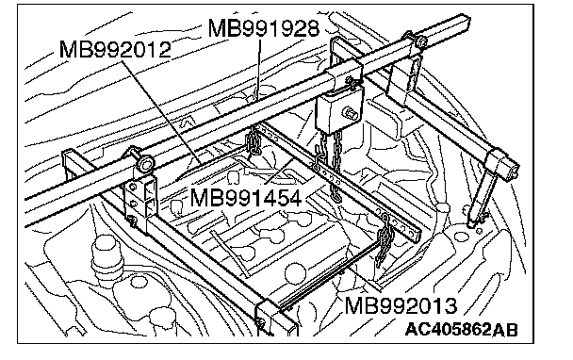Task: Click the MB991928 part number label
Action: tap(264, 28)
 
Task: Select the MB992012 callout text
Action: tap(115, 49)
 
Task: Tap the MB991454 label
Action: tap(246, 199)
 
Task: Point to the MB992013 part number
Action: tap(401, 305)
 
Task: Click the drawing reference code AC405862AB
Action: tap(462, 329)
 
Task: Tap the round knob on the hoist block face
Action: tap(350, 112)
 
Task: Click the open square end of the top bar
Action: tap(465, 25)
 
